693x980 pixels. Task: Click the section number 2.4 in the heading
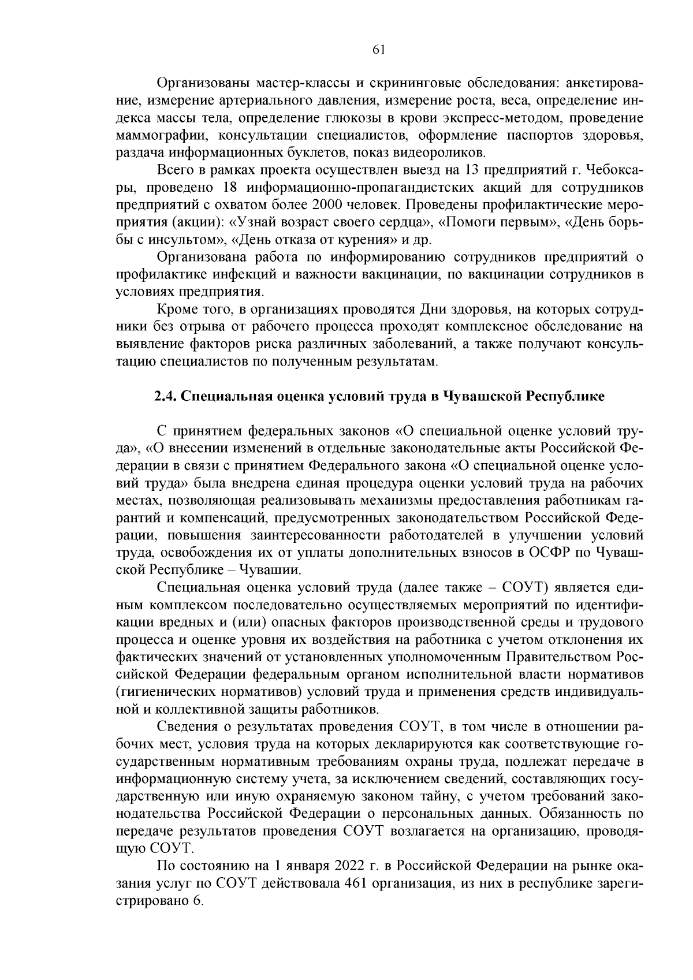(167, 397)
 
